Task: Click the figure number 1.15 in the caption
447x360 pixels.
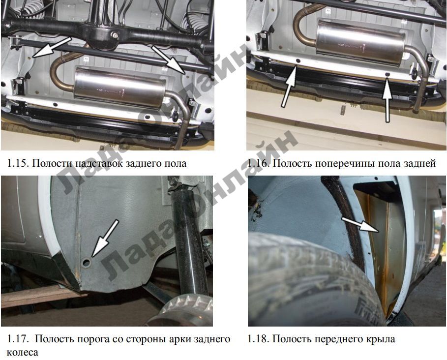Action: [17, 163]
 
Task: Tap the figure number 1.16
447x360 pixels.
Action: [258, 163]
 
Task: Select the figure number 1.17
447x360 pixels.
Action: [17, 339]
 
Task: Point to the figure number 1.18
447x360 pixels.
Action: [258, 339]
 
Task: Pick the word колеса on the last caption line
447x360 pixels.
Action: [22, 352]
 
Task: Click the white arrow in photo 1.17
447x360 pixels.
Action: [105, 238]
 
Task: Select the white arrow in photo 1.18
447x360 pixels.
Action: [360, 224]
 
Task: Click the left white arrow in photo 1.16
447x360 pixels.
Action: [289, 86]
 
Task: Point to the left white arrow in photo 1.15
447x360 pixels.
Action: [52, 47]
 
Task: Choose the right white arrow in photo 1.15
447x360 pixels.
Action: [168, 60]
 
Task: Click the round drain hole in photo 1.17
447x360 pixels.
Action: [87, 262]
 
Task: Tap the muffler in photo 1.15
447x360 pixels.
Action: [119, 87]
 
